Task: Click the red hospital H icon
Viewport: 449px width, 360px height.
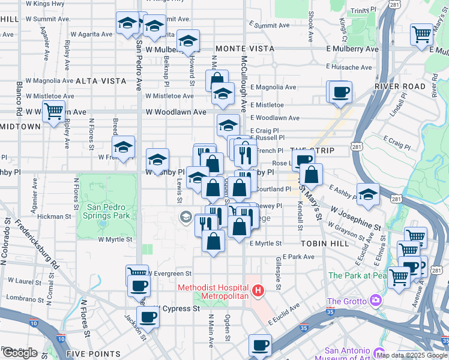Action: pyautogui.click(x=258, y=292)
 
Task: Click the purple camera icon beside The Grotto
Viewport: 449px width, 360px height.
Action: pyautogui.click(x=376, y=299)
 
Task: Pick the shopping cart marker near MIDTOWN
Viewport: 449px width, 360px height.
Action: pyautogui.click(x=54, y=112)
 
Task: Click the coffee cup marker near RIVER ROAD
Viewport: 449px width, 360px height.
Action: pyautogui.click(x=341, y=93)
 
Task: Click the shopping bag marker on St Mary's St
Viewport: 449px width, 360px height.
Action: pyautogui.click(x=312, y=176)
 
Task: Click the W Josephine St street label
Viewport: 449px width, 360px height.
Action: pyautogui.click(x=355, y=218)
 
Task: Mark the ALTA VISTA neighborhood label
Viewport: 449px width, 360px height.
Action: pyautogui.click(x=101, y=80)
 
